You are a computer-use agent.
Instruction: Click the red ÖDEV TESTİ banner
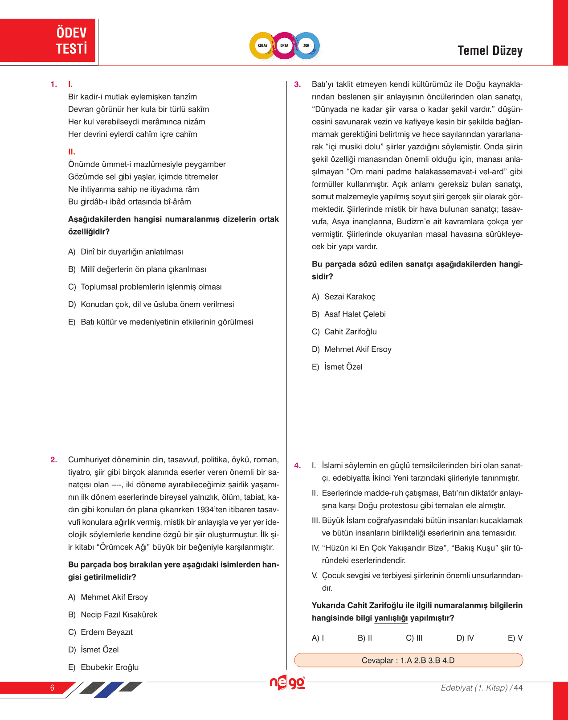pyautogui.click(x=48, y=41)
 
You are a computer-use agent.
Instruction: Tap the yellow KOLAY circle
pyautogui.click(x=263, y=45)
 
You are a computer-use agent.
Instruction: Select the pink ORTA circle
pyautogui.click(x=284, y=45)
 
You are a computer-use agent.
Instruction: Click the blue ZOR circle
pyautogui.click(x=306, y=45)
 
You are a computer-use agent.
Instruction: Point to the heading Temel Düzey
pyautogui.click(x=490, y=51)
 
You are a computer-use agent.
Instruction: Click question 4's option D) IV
pyautogui.click(x=465, y=638)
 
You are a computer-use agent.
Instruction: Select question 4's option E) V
pyautogui.click(x=515, y=638)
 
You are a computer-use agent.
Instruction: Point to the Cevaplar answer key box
pyautogui.click(x=408, y=660)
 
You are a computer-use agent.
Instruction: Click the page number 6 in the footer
pyautogui.click(x=52, y=687)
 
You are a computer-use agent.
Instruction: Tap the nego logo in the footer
pyautogui.click(x=287, y=683)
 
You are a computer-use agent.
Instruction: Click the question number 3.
pyautogui.click(x=298, y=84)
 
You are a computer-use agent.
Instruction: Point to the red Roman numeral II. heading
pyautogui.click(x=72, y=152)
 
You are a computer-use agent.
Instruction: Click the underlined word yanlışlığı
pyautogui.click(x=391, y=618)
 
